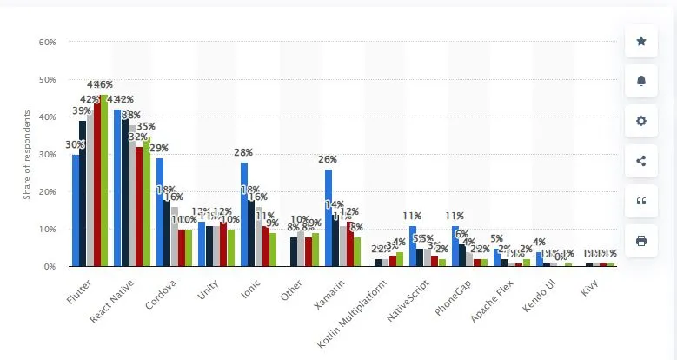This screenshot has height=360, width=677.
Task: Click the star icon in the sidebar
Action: pos(641,41)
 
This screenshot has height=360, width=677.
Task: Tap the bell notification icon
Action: pos(641,81)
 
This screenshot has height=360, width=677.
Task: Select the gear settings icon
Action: pos(641,121)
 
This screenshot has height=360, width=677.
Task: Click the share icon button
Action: pos(641,161)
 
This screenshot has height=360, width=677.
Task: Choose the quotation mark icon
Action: pos(641,201)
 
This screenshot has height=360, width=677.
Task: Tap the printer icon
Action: pos(641,241)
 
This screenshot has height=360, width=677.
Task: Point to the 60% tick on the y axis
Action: pos(47,42)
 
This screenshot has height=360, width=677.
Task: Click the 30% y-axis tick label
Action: pos(47,154)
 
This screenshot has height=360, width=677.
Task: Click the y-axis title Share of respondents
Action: pos(27,155)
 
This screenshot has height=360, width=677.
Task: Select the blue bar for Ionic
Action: pos(244,214)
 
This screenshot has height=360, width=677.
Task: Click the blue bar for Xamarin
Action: pos(329,217)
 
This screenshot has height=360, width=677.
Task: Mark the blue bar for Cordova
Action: pos(160,212)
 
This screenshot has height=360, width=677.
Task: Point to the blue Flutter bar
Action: pos(76,210)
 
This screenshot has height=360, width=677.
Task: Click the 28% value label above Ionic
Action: pos(243,153)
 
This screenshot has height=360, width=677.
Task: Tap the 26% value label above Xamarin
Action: pos(328,160)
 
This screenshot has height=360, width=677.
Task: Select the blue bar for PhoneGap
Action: pos(455,245)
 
